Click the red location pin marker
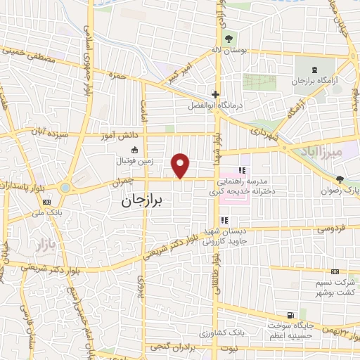pyautogui.click(x=182, y=165)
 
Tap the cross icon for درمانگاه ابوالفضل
pyautogui.click(x=216, y=94)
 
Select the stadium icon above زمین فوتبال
pyautogui.click(x=134, y=149)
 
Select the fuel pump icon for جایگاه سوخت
pyautogui.click(x=290, y=315)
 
